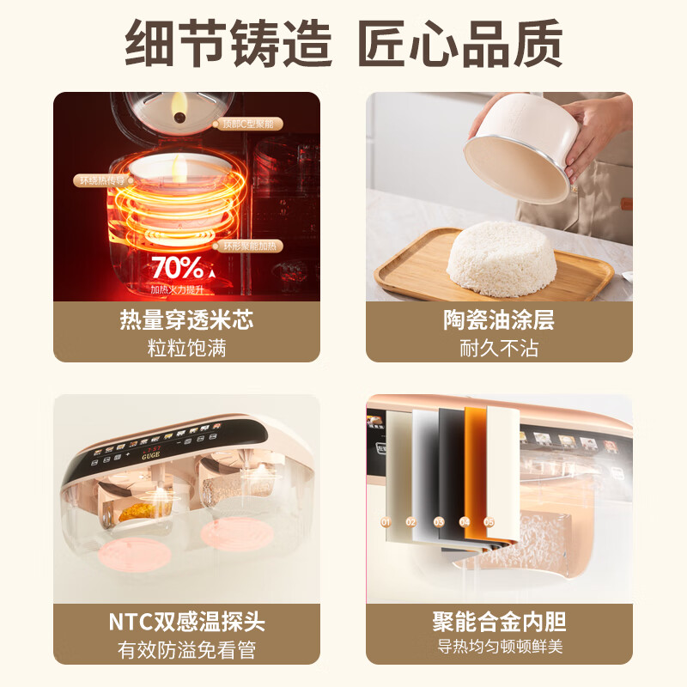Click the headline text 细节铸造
pyautogui.click(x=228, y=41)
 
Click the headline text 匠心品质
pyautogui.click(x=460, y=41)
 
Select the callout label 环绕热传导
pyautogui.click(x=102, y=180)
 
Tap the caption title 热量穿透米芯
pyautogui.click(x=186, y=321)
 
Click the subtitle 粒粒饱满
pyautogui.click(x=186, y=348)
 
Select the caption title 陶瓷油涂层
pyautogui.click(x=499, y=321)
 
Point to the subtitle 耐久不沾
pyautogui.click(x=499, y=348)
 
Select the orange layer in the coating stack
pyautogui.click(x=476, y=472)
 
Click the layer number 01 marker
pyautogui.click(x=386, y=521)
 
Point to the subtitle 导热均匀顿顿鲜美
pyautogui.click(x=499, y=647)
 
